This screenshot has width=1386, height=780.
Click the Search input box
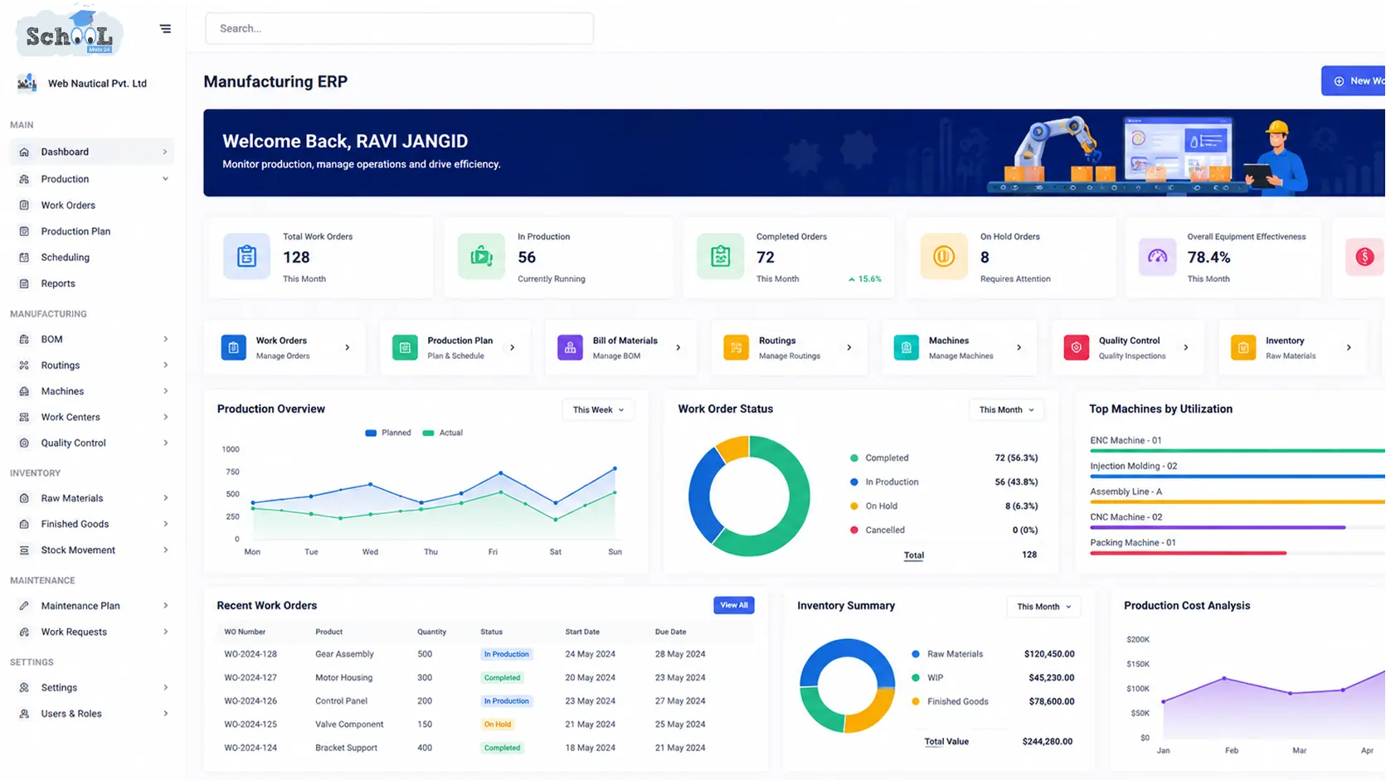(399, 28)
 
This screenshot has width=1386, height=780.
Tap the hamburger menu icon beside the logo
(165, 28)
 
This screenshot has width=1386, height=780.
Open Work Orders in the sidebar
(68, 205)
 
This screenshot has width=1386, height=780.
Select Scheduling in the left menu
(65, 257)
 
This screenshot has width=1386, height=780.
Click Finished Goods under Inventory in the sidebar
(75, 524)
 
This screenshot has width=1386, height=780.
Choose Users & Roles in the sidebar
(71, 713)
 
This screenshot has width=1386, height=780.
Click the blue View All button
(733, 605)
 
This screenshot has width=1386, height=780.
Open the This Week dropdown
(598, 409)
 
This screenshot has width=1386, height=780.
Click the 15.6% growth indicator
(865, 279)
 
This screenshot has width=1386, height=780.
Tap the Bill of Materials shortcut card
(620, 347)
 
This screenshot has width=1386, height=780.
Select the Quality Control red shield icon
(1076, 347)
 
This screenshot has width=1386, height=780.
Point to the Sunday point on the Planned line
(615, 469)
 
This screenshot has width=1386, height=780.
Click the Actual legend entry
(442, 433)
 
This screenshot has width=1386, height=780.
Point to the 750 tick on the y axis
(232, 472)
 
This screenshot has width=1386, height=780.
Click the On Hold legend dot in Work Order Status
(853, 506)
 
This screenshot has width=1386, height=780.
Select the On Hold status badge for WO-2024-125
(498, 724)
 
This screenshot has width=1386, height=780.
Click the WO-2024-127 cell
(250, 677)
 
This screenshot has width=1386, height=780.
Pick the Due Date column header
(670, 632)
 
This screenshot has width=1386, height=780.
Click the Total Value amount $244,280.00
(1047, 741)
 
